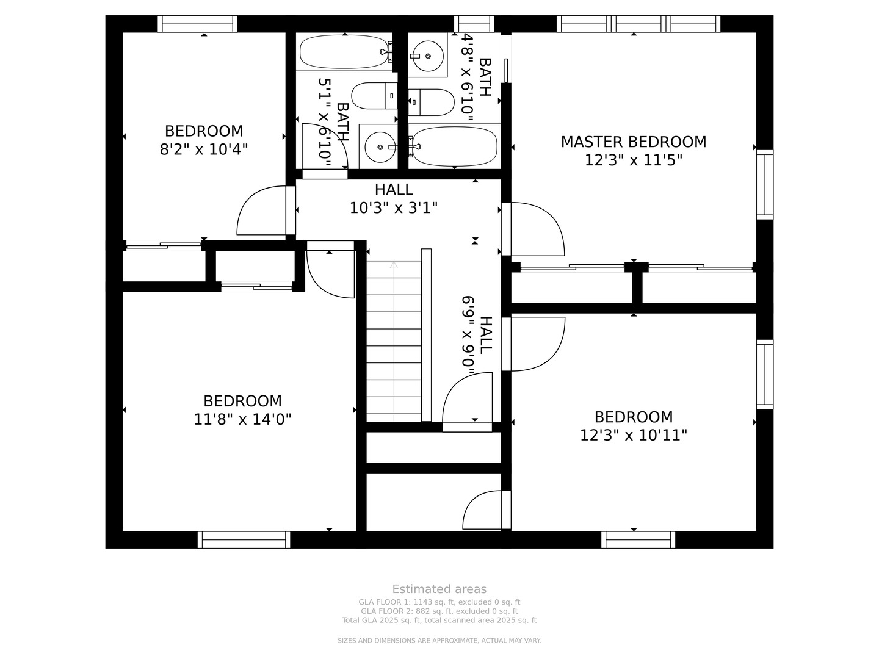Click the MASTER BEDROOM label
(x=633, y=142)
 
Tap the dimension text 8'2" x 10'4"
(x=204, y=149)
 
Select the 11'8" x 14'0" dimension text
(x=242, y=419)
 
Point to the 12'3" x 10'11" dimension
(x=634, y=435)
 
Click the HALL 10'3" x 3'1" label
(x=394, y=199)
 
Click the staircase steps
(x=394, y=341)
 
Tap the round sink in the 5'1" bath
(x=380, y=147)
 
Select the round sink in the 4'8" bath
(x=428, y=56)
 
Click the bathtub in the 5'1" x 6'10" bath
(x=345, y=52)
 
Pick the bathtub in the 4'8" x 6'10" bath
(x=454, y=146)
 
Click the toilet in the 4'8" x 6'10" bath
(x=432, y=103)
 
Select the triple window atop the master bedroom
(x=638, y=24)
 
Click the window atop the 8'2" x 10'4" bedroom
(x=197, y=24)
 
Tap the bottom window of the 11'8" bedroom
(x=244, y=540)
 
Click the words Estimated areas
(x=440, y=589)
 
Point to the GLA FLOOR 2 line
(x=440, y=611)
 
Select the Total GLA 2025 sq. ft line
(x=440, y=621)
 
